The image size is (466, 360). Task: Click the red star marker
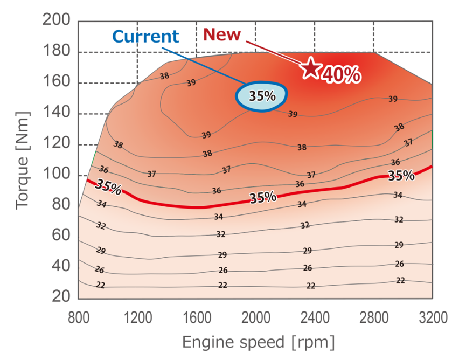tap(311, 68)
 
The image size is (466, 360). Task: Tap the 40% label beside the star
tap(341, 75)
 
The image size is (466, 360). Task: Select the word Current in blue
tap(145, 37)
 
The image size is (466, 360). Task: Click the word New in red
tap(222, 34)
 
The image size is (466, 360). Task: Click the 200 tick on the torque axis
tap(55, 21)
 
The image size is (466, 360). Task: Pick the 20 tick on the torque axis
tap(62, 297)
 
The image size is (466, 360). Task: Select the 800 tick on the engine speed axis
tap(79, 316)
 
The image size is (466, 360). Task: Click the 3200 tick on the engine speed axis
tap(432, 316)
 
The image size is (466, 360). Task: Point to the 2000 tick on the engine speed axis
tap(255, 316)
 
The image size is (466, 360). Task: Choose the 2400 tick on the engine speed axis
tap(315, 316)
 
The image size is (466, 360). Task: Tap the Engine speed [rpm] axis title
tap(258, 342)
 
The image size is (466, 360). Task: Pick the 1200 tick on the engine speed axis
tap(138, 316)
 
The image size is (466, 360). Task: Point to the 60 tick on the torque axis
tap(62, 236)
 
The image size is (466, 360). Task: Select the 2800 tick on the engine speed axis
tap(373, 316)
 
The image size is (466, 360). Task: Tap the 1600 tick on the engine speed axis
tap(197, 316)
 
